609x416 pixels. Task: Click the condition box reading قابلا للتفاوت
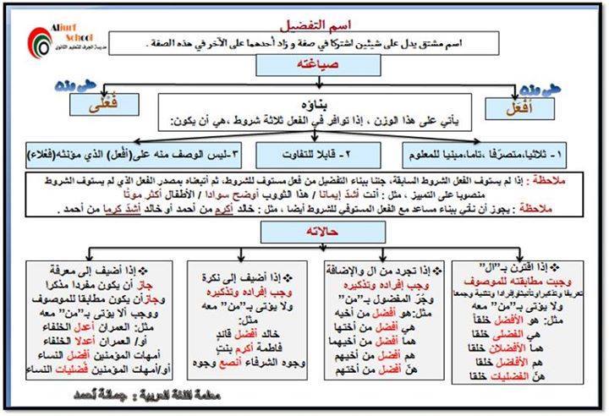(x=304, y=155)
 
